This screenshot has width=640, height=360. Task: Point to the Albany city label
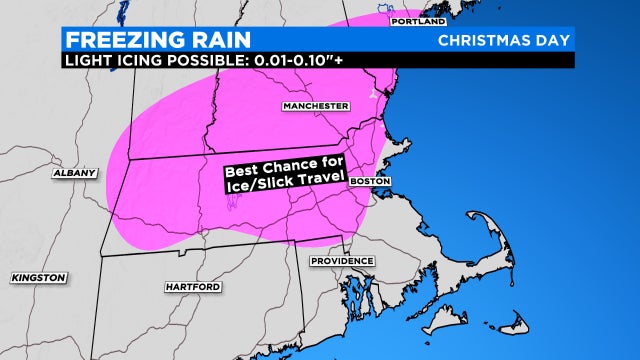pyautogui.click(x=76, y=172)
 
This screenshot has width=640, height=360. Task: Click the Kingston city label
pyautogui.click(x=39, y=276)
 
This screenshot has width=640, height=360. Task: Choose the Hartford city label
pyautogui.click(x=191, y=287)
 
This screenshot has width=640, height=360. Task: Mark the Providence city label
pyautogui.click(x=341, y=261)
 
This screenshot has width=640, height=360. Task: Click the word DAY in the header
pyautogui.click(x=550, y=40)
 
